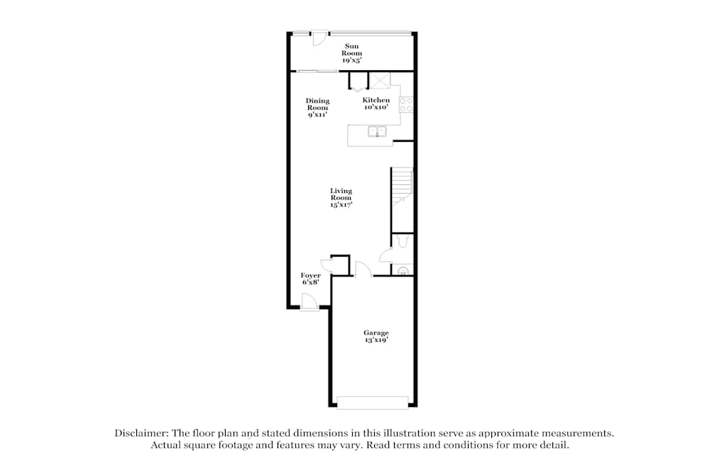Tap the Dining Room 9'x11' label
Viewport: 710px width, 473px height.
click(x=317, y=108)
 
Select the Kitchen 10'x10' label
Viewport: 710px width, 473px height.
click(x=376, y=104)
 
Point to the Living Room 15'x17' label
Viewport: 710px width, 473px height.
click(x=341, y=198)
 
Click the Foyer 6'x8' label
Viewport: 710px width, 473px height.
click(x=311, y=279)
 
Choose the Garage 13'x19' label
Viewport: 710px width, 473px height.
click(x=376, y=336)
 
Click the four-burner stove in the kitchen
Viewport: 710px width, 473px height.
click(x=406, y=104)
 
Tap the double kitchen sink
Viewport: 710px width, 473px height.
click(x=377, y=131)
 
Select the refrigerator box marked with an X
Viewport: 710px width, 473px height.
click(x=380, y=81)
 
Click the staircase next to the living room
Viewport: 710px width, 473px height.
click(x=402, y=187)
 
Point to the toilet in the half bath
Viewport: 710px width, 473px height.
click(x=402, y=241)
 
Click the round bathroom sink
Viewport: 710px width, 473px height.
click(x=403, y=272)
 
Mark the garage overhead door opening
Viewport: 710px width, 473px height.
click(x=373, y=403)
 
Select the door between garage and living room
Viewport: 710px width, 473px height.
click(x=363, y=269)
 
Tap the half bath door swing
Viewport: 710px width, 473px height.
click(x=386, y=255)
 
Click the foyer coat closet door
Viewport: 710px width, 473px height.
click(x=327, y=266)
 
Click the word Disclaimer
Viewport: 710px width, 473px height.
click(x=141, y=433)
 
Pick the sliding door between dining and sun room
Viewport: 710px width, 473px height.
click(x=317, y=71)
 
